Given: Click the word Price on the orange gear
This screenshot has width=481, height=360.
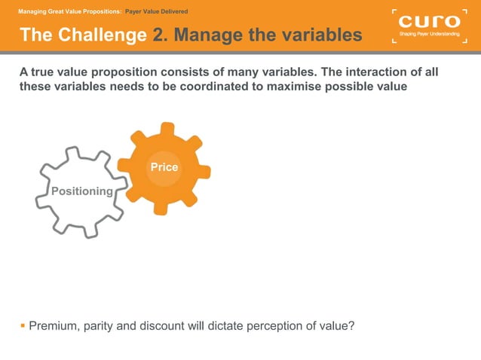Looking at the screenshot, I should click(x=164, y=167).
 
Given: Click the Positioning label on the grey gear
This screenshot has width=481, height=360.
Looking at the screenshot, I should click(x=81, y=191).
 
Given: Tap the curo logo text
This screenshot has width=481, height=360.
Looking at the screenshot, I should click(x=427, y=21).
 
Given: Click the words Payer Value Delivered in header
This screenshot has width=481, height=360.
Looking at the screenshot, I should click(x=156, y=11).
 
